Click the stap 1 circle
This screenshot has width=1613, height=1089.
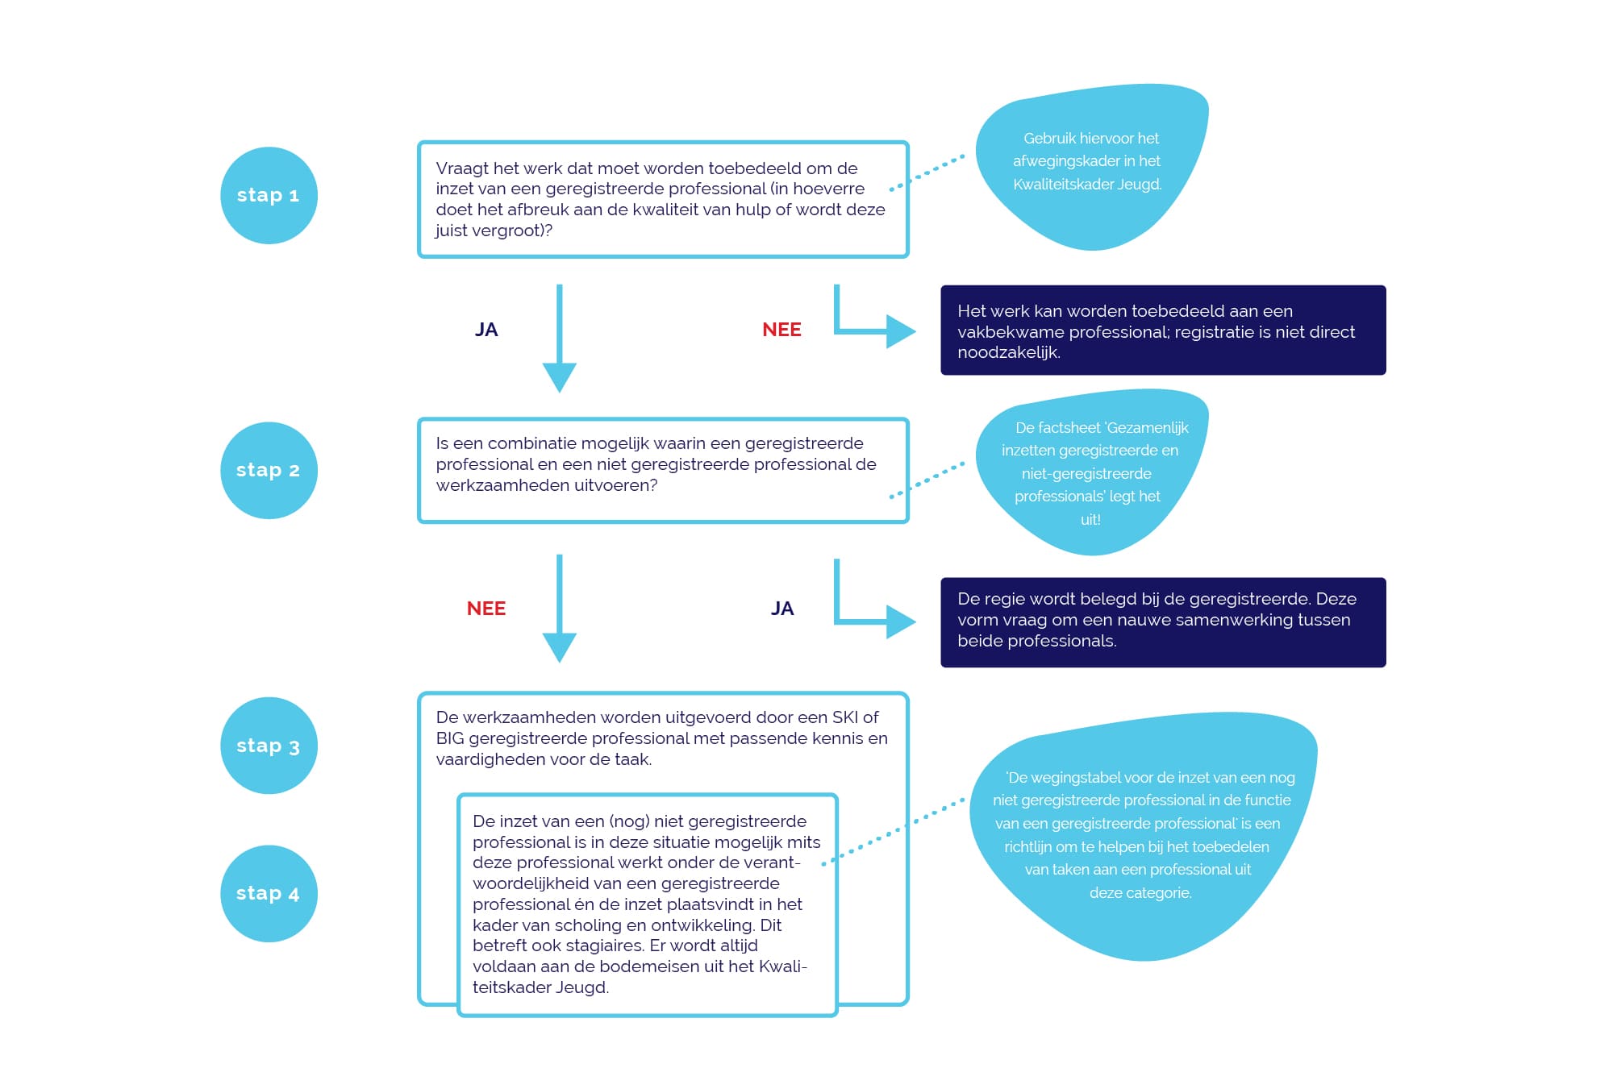[x=269, y=195]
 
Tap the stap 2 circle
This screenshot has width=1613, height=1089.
[x=269, y=470]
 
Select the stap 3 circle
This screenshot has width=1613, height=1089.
[x=269, y=746]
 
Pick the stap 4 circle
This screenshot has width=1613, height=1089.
[x=269, y=893]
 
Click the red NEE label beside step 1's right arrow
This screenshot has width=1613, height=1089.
[x=781, y=330]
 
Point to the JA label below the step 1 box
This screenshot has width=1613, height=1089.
[x=486, y=330]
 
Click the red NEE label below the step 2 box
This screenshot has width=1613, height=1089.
[x=486, y=609]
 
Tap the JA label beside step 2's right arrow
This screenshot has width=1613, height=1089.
[x=782, y=609]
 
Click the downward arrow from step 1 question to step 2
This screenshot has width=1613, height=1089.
[x=559, y=339]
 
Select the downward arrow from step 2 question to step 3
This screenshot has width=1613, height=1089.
[x=559, y=609]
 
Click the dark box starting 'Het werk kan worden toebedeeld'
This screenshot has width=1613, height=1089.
[x=1163, y=330]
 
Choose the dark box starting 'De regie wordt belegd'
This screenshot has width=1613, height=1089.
[x=1163, y=622]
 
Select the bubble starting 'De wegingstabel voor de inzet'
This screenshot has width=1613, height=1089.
[x=1143, y=835]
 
